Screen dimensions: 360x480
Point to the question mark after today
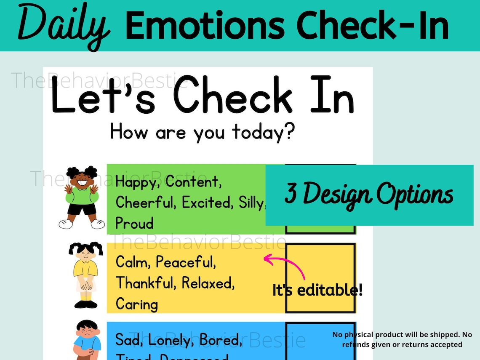(289, 132)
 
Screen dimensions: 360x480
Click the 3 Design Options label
(369, 195)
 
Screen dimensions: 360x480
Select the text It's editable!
(317, 290)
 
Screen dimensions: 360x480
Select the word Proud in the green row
(134, 224)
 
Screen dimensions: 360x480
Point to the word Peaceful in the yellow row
(186, 262)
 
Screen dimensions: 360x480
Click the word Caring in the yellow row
(136, 304)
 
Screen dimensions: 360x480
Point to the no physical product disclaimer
(402, 339)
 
